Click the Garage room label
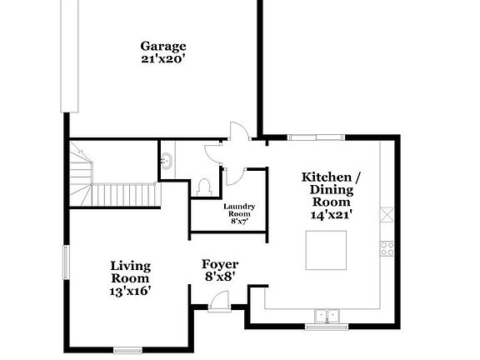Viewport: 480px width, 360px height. [x=162, y=46]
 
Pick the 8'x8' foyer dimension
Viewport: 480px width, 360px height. [x=220, y=276]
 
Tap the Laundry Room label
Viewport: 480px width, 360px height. [x=239, y=209]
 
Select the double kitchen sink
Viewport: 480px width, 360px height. [x=327, y=315]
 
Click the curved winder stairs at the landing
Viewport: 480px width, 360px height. [x=80, y=171]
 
